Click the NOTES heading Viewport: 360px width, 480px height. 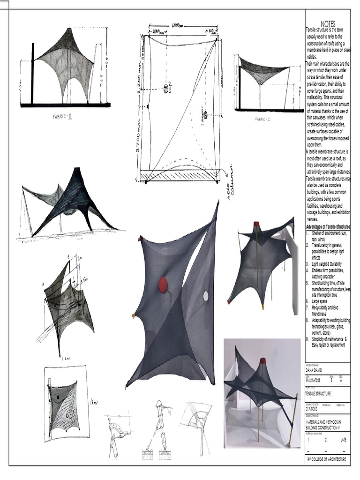(328, 24)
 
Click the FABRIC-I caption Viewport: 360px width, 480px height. (262, 119)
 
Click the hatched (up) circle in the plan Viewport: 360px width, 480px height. (166, 89)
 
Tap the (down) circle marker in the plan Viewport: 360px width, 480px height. (204, 111)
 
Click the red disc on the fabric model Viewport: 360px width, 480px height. (163, 285)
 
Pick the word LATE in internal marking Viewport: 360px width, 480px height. (343, 440)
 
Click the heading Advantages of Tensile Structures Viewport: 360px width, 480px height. (328, 227)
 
